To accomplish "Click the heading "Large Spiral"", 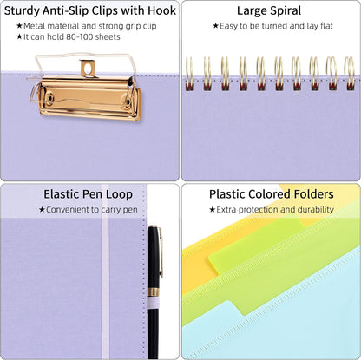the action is pos(269,11).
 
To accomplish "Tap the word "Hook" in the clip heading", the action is pos(161,10).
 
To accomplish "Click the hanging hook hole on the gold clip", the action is pos(88,69).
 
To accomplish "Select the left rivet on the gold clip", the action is pos(50,97).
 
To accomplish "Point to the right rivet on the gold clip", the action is pos(128,101).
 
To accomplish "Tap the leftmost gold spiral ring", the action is pos(189,73).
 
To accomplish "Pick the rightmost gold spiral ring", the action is pos(350,73).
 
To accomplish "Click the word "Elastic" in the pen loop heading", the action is pos(62,194).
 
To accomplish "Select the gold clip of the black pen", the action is pos(161,252).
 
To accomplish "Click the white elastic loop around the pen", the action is pos(154,303).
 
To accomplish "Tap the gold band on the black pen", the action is pos(154,292).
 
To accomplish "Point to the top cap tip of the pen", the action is pos(152,226).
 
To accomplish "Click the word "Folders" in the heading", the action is pos(314,194).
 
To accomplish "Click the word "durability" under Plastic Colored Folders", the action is pos(316,209).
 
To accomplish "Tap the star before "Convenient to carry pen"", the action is pos(42,210).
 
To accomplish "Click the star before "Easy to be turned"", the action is pos(215,26).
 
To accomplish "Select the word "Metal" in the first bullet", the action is pos(35,26).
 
